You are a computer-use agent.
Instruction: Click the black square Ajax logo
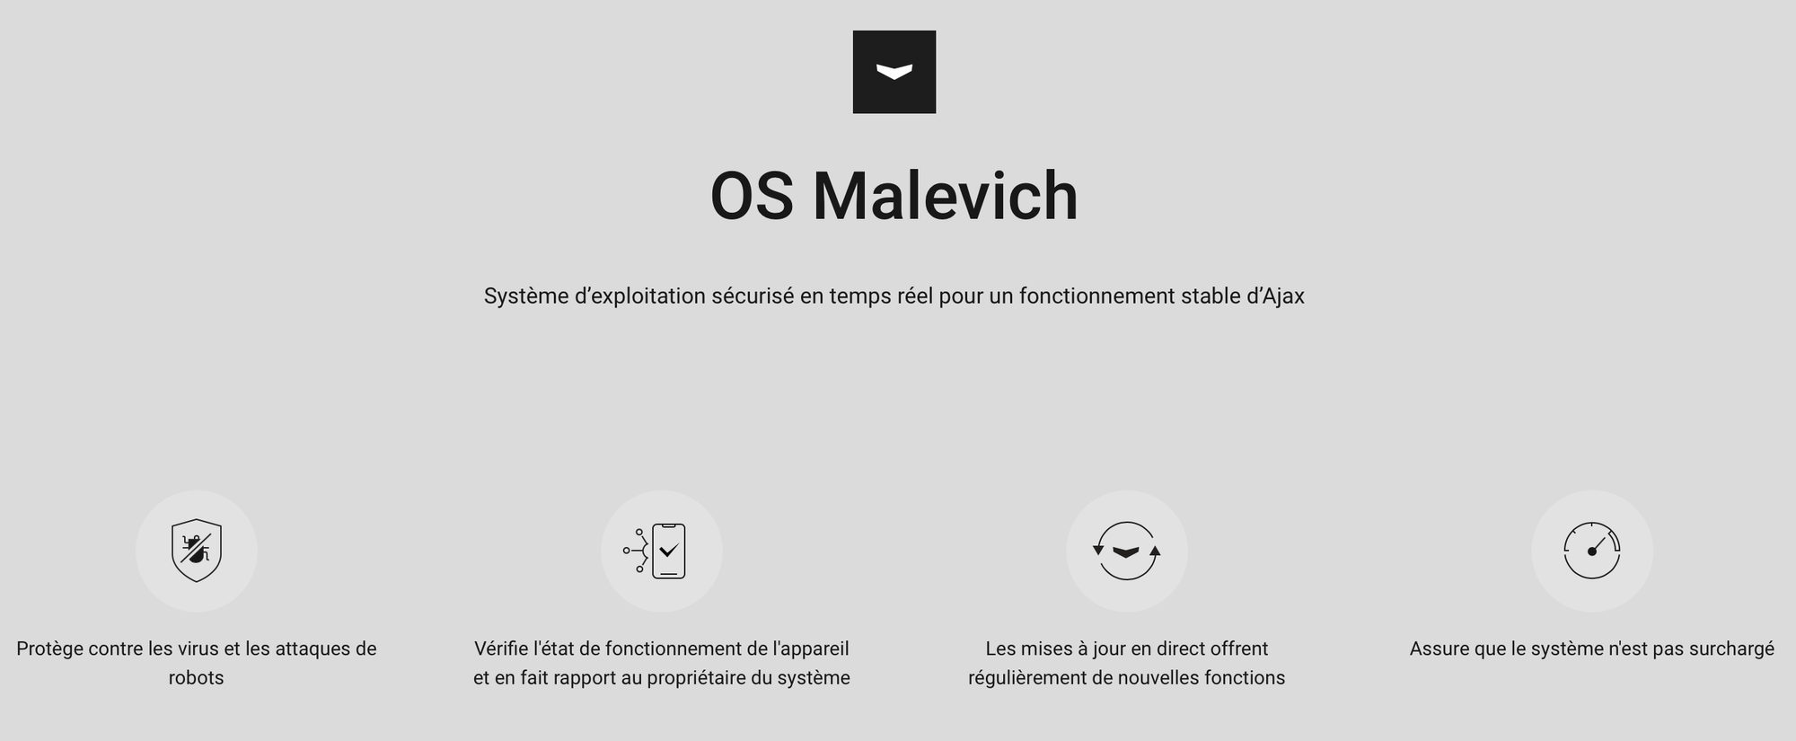pos(894,72)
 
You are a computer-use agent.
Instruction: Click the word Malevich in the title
pos(945,196)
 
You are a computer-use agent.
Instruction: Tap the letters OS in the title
pos(752,196)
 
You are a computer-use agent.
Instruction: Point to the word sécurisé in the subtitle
pos(753,296)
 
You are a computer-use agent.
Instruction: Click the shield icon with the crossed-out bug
pos(197,551)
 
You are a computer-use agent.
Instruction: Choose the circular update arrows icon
pos(1127,551)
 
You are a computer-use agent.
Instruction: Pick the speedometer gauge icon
pos(1592,551)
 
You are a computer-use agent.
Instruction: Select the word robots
pos(196,677)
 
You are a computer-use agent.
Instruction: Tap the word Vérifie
pos(501,648)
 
